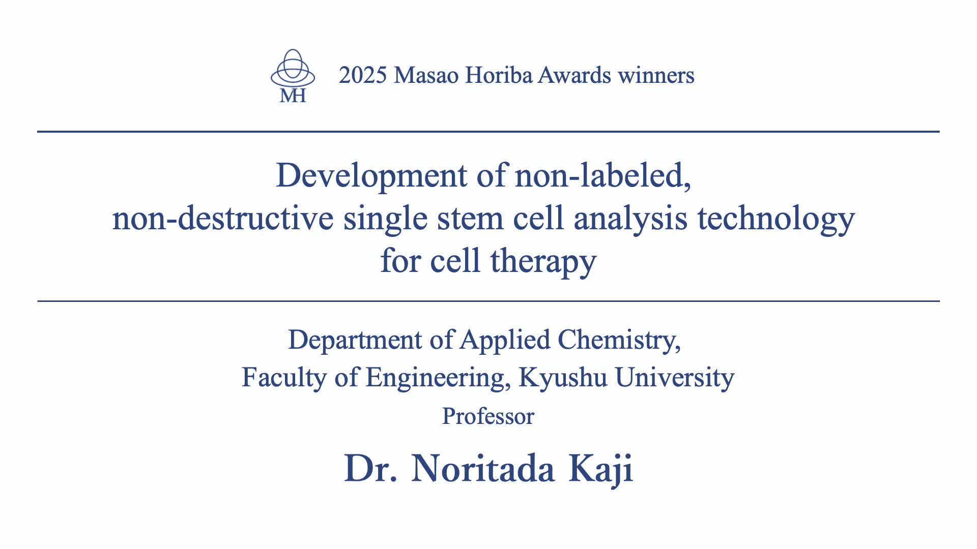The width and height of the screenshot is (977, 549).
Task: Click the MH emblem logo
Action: pos(293,76)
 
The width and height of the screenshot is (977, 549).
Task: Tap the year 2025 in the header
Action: pos(363,75)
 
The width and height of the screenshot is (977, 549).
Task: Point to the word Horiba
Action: pos(499,75)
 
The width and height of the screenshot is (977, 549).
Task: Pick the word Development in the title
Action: pos(372,176)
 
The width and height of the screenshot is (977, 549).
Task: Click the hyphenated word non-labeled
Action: pos(603,175)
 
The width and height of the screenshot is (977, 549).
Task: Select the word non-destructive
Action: pos(223,219)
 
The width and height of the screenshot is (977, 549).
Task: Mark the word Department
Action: pos(355,340)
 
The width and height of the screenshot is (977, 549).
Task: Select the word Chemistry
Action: pos(619,340)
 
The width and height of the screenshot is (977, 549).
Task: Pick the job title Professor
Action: pos(488,416)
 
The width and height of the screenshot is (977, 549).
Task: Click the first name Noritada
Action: pos(483,468)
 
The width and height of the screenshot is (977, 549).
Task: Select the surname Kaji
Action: pos(601,469)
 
